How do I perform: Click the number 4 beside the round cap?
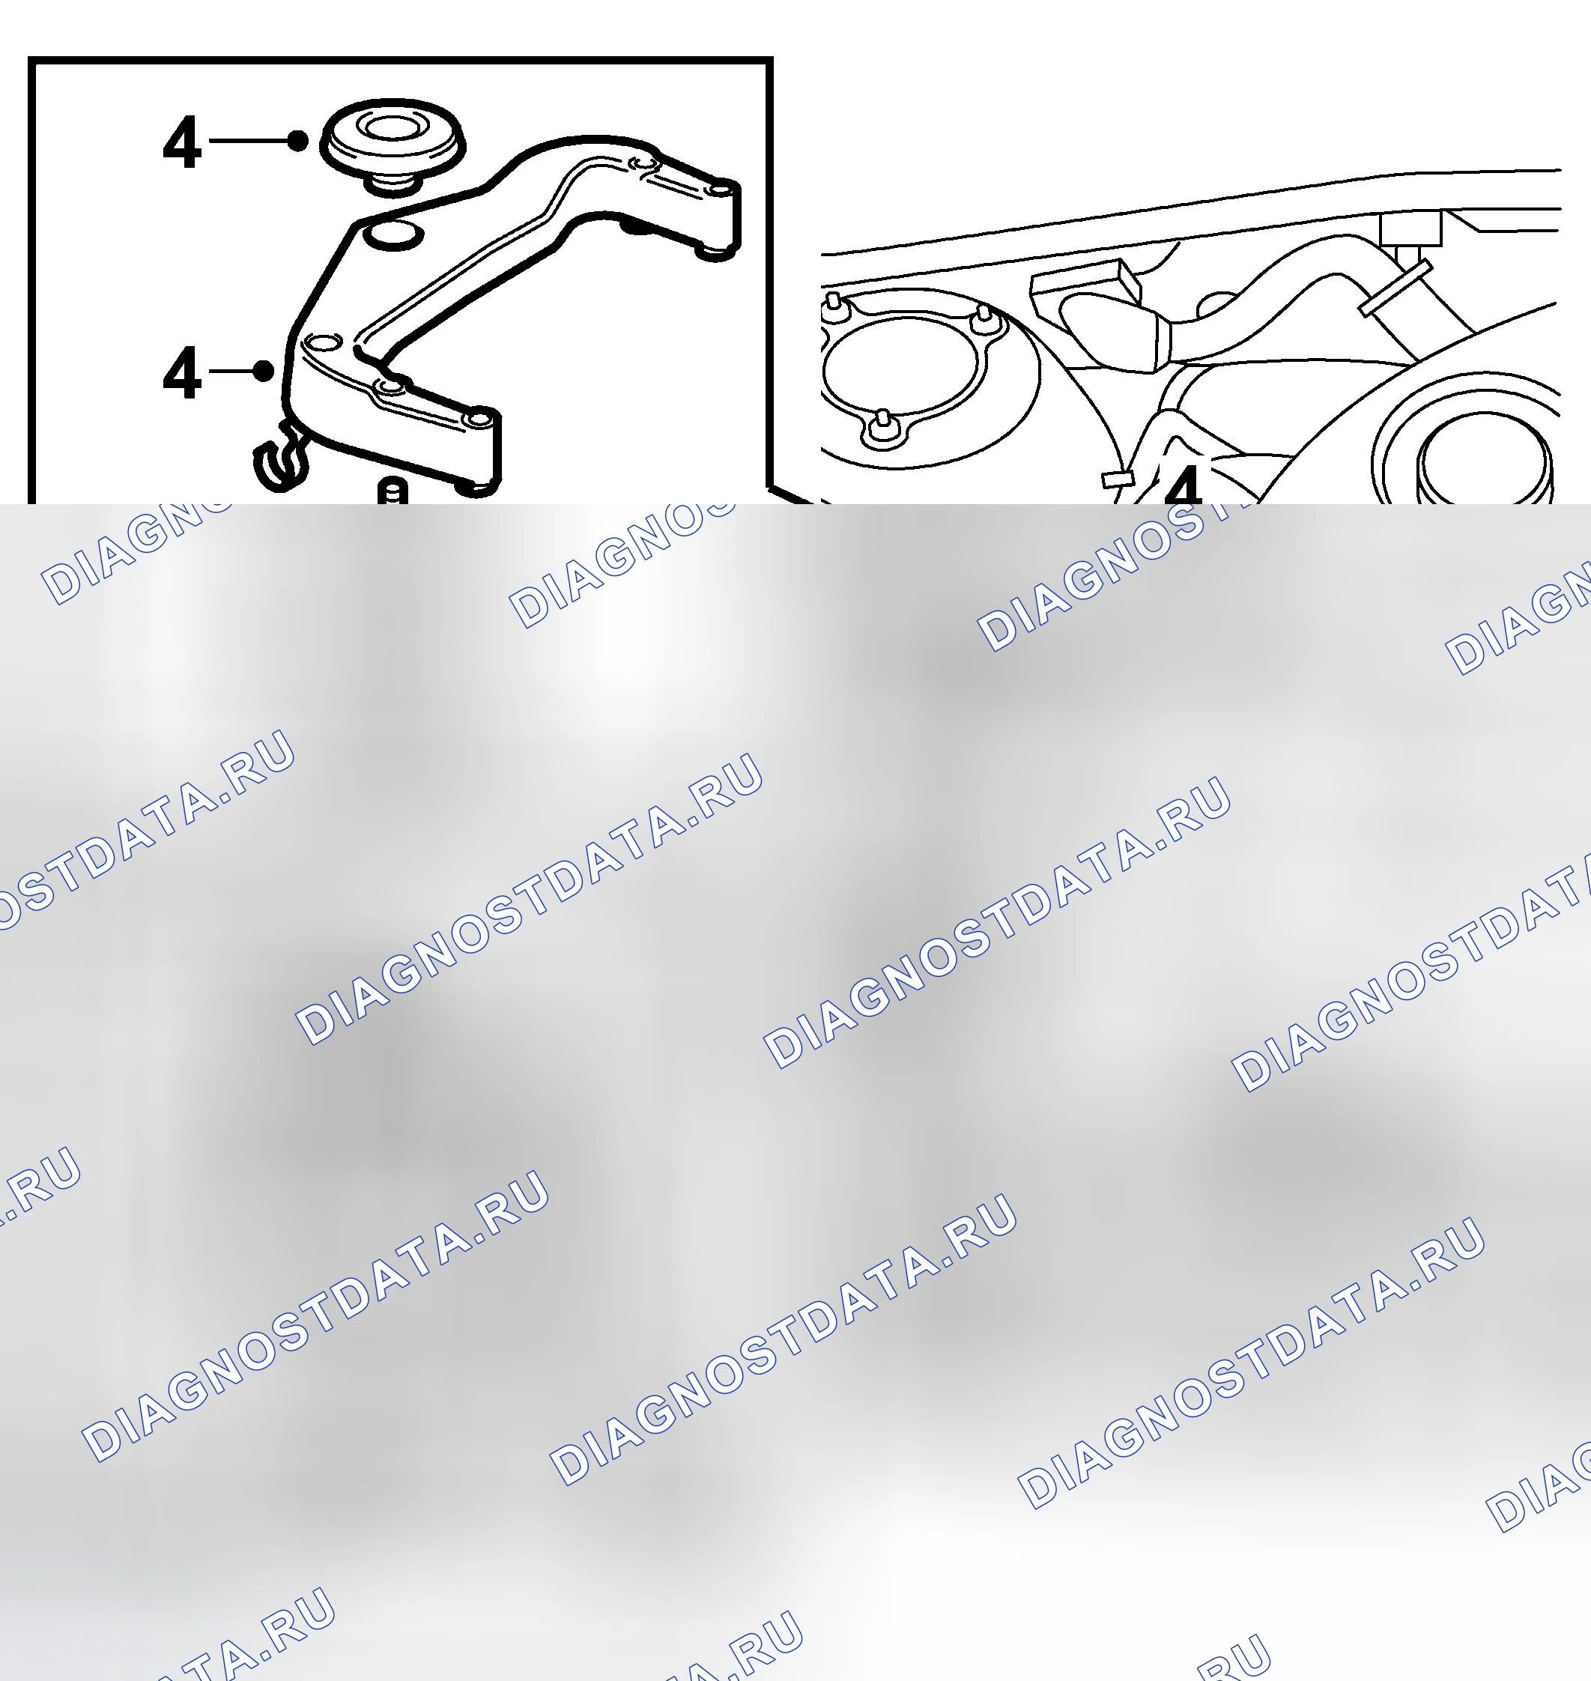pyautogui.click(x=181, y=142)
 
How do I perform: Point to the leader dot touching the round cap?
pyautogui.click(x=297, y=141)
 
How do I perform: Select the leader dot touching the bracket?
pyautogui.click(x=264, y=371)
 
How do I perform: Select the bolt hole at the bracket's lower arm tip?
pyautogui.click(x=481, y=417)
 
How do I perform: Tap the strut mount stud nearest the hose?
pyautogui.click(x=983, y=319)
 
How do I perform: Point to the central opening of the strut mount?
pyautogui.click(x=903, y=371)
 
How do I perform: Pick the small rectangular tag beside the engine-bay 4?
pyautogui.click(x=1118, y=479)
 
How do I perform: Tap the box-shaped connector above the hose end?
pyautogui.click(x=1086, y=282)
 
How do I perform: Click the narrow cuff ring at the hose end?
pyautogui.click(x=1160, y=342)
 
